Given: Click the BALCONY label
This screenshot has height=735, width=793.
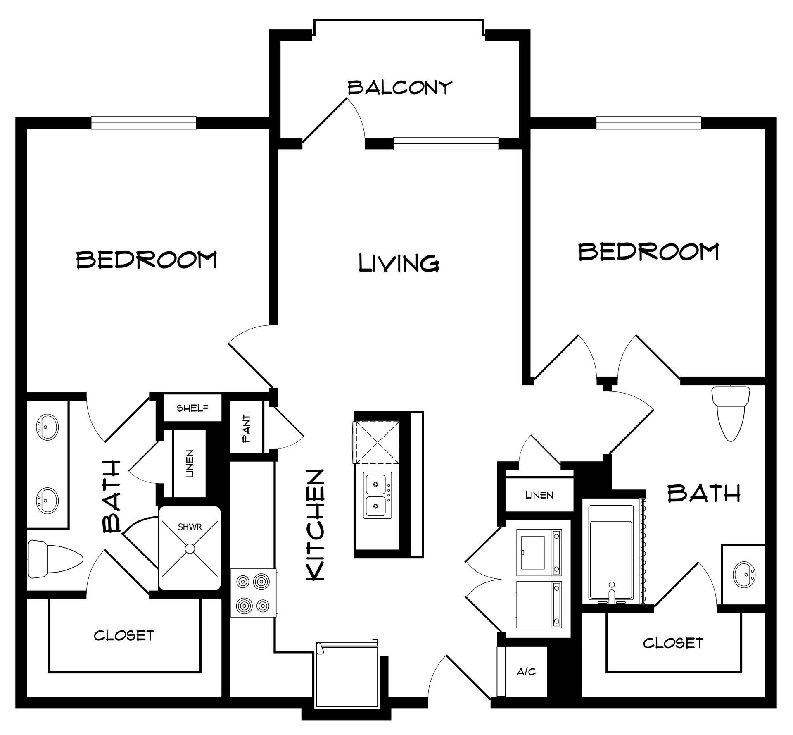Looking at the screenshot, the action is tap(400, 88).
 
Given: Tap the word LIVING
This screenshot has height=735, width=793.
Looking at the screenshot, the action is tap(399, 263).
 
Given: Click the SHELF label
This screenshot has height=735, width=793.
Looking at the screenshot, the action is tap(192, 408).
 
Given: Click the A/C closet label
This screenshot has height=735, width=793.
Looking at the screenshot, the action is tap(526, 671).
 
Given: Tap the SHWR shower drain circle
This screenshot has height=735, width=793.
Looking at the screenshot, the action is tap(190, 549).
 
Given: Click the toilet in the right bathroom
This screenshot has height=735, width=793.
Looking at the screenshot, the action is tap(731, 413).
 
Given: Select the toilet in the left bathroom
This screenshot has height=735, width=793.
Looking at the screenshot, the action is tap(55, 559).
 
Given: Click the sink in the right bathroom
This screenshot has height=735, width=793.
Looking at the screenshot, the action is tap(744, 574).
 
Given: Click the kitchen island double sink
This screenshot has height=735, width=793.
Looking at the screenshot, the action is tap(377, 496).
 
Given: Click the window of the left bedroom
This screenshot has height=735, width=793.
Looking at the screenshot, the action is tap(144, 122).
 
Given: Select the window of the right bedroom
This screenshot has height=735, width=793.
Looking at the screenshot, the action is tap(648, 122).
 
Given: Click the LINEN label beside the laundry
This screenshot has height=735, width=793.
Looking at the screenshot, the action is tap(539, 495).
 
